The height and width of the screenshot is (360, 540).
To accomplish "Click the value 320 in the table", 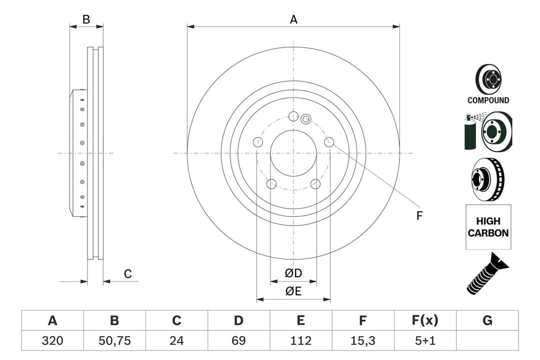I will (x=52, y=340).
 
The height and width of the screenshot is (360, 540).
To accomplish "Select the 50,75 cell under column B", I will (x=114, y=340).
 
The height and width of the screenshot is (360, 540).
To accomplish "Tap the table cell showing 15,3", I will (x=362, y=340).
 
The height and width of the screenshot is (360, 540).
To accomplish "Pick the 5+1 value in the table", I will (x=425, y=340).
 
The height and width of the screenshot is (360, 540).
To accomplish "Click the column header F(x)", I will (x=425, y=320).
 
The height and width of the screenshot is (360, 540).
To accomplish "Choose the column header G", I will (x=487, y=320).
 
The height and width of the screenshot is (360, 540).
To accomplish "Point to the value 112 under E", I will (x=300, y=340).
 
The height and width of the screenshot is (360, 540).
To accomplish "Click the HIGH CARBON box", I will (x=488, y=227).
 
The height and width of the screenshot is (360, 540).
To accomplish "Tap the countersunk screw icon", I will (x=487, y=273).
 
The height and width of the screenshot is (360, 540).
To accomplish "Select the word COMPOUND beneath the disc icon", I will (x=488, y=100).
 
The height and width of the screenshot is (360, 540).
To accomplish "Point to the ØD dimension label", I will (x=293, y=273).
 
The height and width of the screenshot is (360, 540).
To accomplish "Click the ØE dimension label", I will (x=293, y=291).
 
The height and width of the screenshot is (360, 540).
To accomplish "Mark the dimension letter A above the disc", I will (x=293, y=19).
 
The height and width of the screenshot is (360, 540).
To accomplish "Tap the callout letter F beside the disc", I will (x=419, y=216).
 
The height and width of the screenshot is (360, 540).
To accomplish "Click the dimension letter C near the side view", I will (x=128, y=273).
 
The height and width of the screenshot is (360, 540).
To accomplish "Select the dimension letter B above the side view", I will (x=86, y=19).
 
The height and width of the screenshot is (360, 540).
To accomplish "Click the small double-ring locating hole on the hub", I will (x=306, y=118).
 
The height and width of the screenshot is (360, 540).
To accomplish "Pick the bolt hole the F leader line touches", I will (x=328, y=142).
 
